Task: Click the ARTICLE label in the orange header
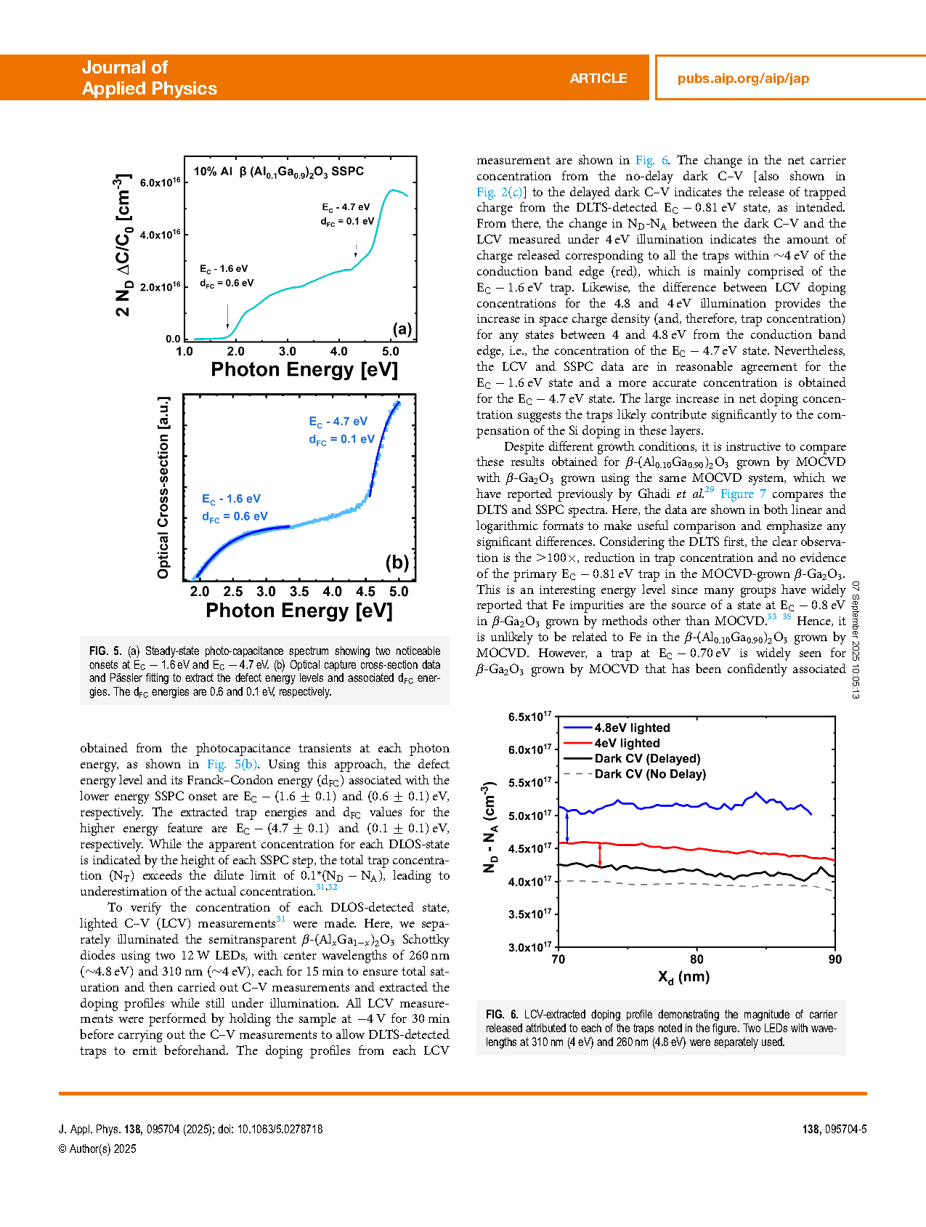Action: [598, 79]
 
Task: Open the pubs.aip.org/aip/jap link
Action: [742, 79]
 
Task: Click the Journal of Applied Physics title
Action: [149, 78]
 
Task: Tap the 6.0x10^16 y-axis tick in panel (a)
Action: [161, 182]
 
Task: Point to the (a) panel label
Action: [402, 329]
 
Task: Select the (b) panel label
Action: [397, 563]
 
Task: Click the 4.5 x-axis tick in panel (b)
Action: [365, 592]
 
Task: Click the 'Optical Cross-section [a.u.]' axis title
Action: [163, 487]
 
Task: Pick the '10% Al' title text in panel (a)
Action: [213, 172]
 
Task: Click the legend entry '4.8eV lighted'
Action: [632, 728]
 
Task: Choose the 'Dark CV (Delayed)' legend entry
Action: [647, 758]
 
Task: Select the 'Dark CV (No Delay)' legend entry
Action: [650, 774]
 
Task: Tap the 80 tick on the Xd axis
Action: [696, 960]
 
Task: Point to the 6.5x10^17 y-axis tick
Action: [529, 717]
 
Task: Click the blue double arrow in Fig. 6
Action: [567, 827]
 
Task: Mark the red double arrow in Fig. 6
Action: [600, 855]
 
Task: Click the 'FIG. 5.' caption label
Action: [105, 651]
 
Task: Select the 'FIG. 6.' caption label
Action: [502, 1014]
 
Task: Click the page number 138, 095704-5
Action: [834, 1129]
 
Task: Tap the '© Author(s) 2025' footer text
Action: [97, 1148]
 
